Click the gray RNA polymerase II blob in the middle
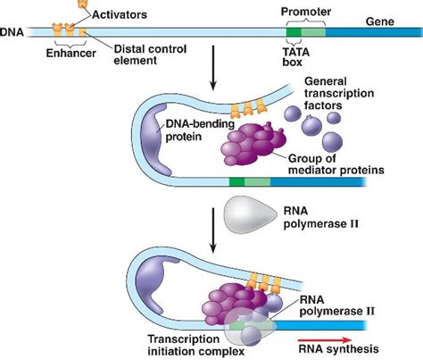click(254, 213)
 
